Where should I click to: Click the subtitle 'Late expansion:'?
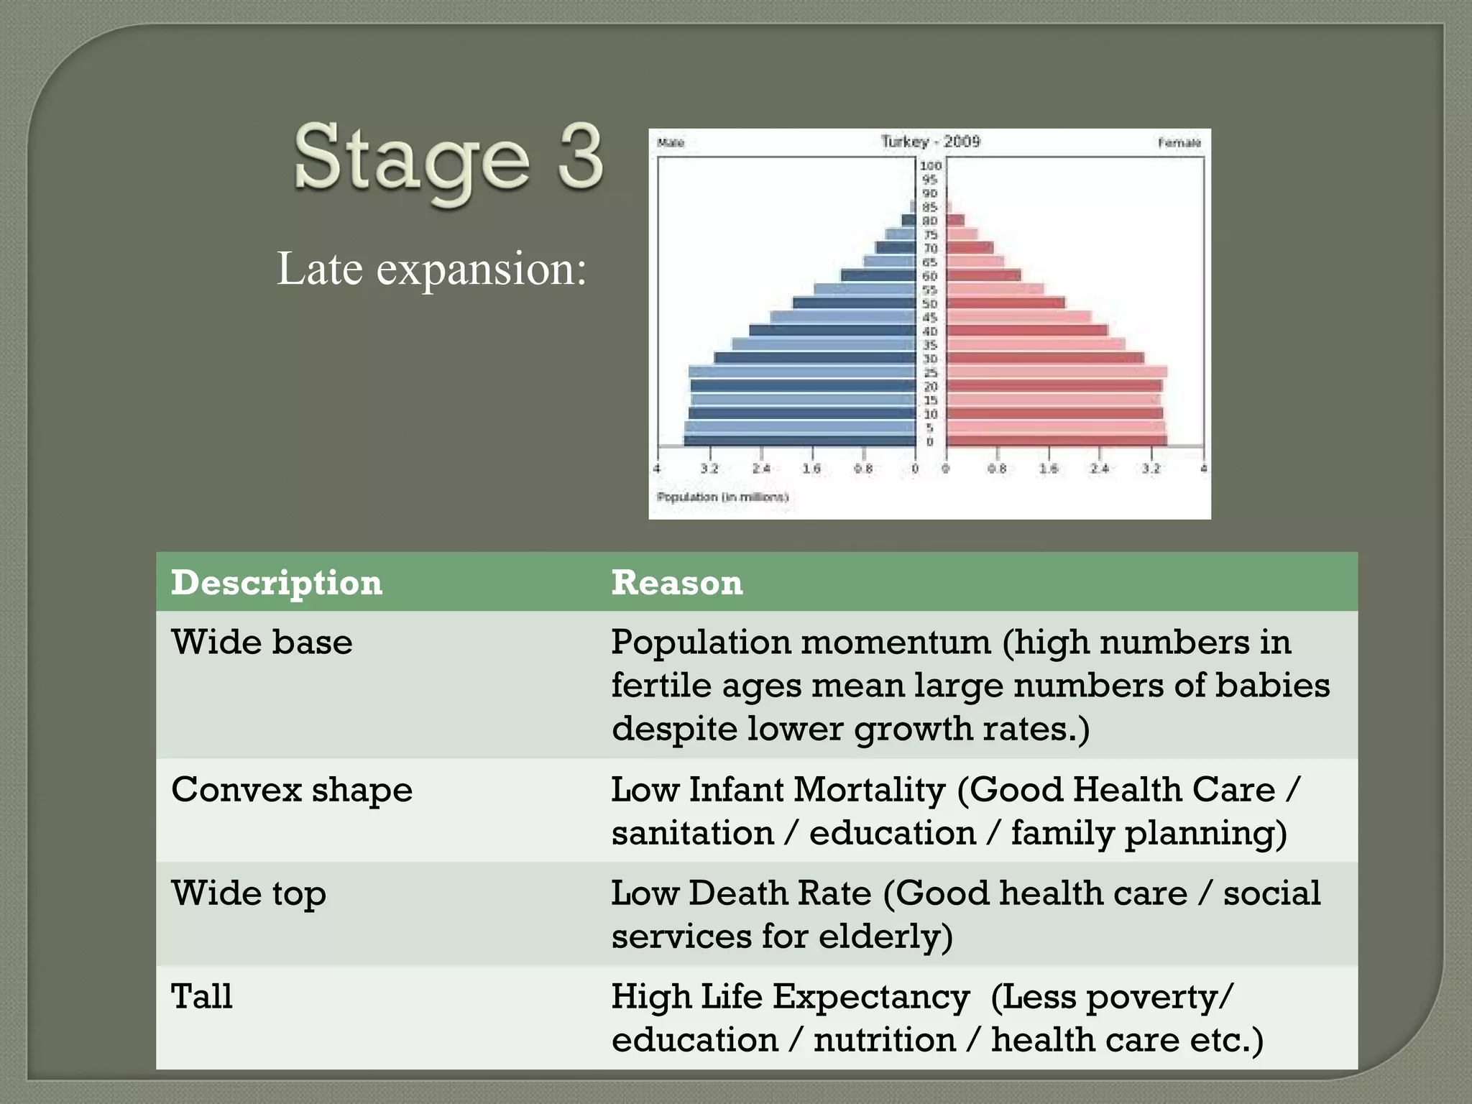(431, 269)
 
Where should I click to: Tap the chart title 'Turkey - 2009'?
(930, 142)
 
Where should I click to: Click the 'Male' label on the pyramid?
(670, 143)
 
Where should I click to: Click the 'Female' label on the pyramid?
(1179, 143)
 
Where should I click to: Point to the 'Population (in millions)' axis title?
(722, 497)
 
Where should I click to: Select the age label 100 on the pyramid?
(930, 165)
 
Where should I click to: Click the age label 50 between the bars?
(930, 303)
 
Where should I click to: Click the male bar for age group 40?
(831, 331)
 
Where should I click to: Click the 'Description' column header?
(277, 582)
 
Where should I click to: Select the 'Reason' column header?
(676, 582)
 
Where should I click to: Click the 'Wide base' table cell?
(262, 642)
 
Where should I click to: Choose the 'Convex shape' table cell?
(292, 790)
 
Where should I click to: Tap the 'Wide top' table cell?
(248, 893)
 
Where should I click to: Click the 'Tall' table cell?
(202, 997)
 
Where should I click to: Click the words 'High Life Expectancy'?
(790, 997)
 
